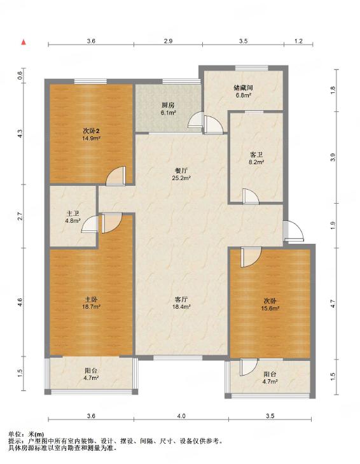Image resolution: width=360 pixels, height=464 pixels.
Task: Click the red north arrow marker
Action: (24, 42)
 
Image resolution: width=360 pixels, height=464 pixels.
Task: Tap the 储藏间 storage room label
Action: (243, 88)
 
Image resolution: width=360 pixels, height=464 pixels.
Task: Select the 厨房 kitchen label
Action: (168, 105)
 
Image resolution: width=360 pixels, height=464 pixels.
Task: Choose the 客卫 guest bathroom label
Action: (256, 155)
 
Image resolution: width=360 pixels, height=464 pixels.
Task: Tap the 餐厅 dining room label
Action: (181, 171)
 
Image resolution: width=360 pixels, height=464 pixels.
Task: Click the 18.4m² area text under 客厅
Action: (181, 307)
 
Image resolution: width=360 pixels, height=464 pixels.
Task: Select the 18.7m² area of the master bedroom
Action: (92, 307)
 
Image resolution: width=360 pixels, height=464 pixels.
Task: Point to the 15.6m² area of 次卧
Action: (270, 308)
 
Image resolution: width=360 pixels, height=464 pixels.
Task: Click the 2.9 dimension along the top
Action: (168, 41)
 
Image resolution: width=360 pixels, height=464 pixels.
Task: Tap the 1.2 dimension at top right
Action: (299, 41)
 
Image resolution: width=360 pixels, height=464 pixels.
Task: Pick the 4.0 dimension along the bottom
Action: (181, 416)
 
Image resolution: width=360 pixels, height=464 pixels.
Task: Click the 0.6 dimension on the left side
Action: (20, 76)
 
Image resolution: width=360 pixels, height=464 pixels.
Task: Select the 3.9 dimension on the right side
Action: (333, 157)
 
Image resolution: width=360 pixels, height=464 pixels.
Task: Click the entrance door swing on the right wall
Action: (293, 231)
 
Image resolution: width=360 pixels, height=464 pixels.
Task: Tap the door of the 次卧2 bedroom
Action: (116, 176)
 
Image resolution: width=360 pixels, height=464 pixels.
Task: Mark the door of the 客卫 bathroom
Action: (251, 197)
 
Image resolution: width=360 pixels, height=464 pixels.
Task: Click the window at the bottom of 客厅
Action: (178, 358)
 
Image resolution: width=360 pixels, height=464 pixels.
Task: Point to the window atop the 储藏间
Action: (252, 67)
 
